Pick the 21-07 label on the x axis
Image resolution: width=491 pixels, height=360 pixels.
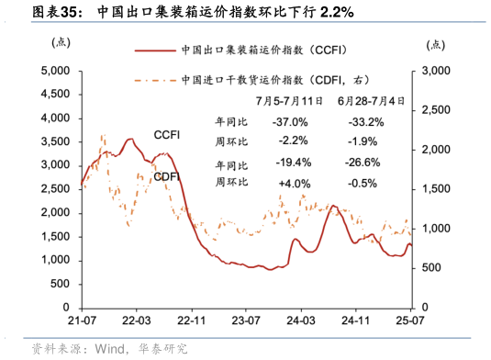(83, 321)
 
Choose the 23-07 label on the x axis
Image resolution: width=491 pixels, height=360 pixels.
(245, 321)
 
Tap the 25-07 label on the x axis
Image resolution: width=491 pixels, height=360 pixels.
(409, 321)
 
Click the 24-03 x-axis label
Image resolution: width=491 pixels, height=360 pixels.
(300, 321)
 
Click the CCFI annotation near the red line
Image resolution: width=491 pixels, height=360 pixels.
(169, 136)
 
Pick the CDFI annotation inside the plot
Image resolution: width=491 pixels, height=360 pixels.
(166, 176)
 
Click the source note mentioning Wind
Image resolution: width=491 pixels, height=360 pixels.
(109, 348)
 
